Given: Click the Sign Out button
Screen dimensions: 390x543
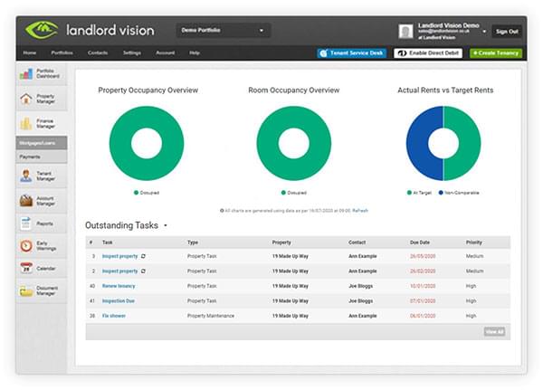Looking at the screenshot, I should pyautogui.click(x=507, y=31).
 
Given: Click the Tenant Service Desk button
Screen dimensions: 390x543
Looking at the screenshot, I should pyautogui.click(x=352, y=53).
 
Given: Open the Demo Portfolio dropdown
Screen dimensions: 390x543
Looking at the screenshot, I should pyautogui.click(x=224, y=31).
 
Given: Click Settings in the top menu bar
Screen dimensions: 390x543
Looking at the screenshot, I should pyautogui.click(x=131, y=53).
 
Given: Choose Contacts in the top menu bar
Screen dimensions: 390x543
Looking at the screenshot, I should pyautogui.click(x=98, y=53).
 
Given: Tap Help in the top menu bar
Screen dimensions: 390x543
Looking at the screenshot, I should pyautogui.click(x=195, y=53).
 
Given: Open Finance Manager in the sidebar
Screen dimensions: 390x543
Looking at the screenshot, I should pyautogui.click(x=42, y=121).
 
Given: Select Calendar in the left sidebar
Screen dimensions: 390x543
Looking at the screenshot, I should pyautogui.click(x=42, y=268).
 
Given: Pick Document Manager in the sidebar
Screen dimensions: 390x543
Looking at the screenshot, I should pyautogui.click(x=42, y=291).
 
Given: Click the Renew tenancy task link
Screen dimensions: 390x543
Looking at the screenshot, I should pyautogui.click(x=119, y=286).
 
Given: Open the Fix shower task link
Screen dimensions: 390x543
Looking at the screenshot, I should pyautogui.click(x=114, y=316).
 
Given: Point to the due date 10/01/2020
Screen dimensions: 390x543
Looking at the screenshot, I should pyautogui.click(x=424, y=286).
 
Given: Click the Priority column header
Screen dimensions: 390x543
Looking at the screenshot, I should pyautogui.click(x=474, y=243).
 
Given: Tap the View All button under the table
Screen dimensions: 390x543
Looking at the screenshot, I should pyautogui.click(x=494, y=332).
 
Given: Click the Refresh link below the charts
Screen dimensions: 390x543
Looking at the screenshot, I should pyautogui.click(x=359, y=210).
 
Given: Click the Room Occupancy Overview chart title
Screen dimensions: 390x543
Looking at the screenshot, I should pyautogui.click(x=293, y=90).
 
